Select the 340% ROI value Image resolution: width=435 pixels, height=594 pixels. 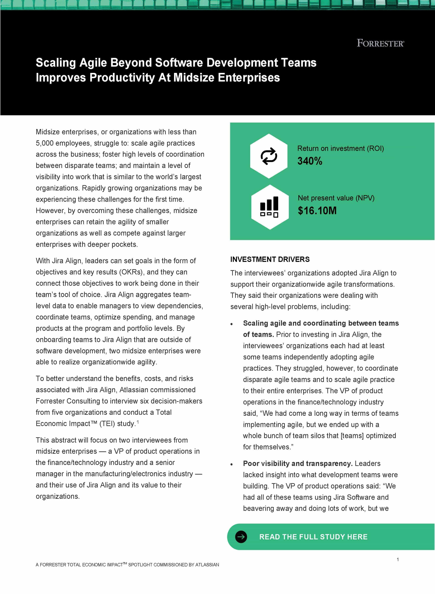(310, 161)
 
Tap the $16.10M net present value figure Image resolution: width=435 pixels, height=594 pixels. (317, 211)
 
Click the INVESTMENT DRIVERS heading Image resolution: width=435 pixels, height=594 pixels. (270, 259)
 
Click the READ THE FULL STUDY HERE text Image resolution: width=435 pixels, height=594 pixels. (313, 537)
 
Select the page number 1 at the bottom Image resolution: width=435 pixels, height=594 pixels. (398, 560)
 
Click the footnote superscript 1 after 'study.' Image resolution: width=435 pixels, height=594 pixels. (138, 422)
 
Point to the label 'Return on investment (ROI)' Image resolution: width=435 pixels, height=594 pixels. (340, 149)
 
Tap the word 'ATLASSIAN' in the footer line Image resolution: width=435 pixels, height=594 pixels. (207, 565)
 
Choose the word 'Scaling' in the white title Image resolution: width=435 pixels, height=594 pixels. (56, 63)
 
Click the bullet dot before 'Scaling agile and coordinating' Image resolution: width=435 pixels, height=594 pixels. (231, 324)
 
